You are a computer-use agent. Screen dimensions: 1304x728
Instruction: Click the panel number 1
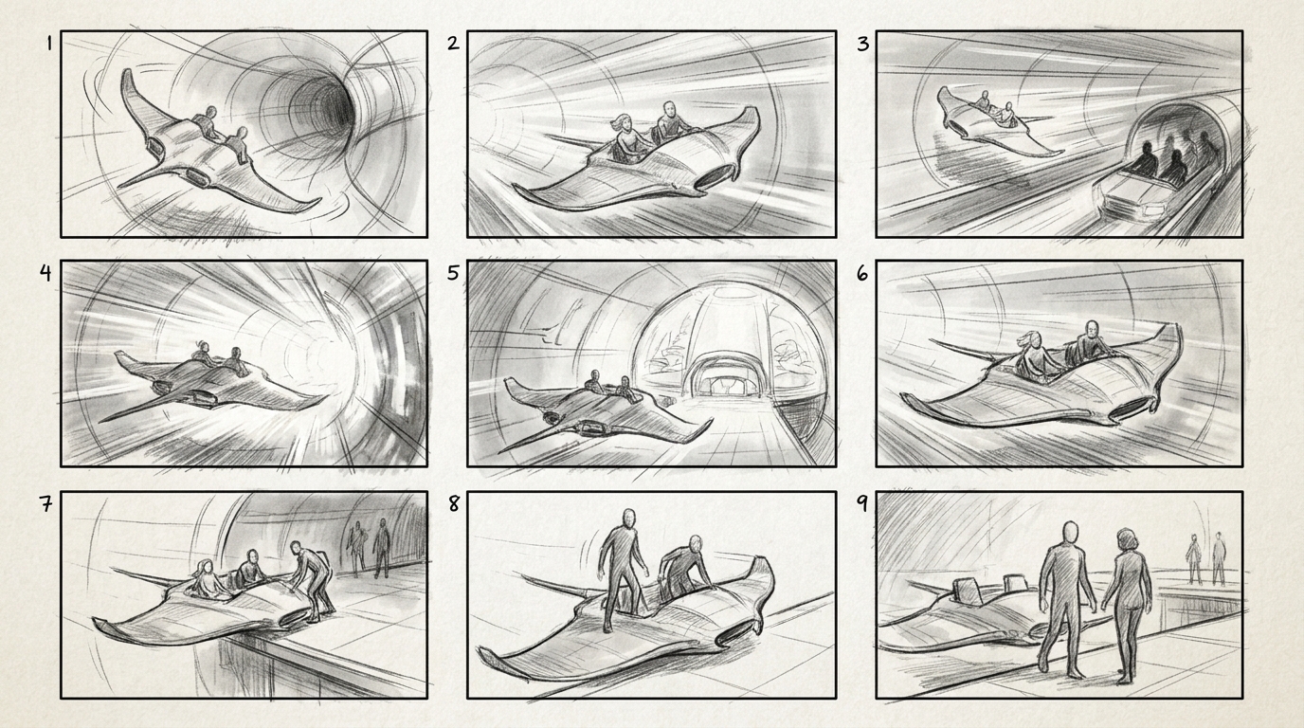[49, 44]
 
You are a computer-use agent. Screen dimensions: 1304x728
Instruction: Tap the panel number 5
[454, 273]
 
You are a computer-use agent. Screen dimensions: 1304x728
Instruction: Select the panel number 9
[861, 503]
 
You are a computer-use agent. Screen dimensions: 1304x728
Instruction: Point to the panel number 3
[862, 44]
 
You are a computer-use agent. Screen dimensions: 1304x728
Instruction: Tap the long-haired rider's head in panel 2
[625, 123]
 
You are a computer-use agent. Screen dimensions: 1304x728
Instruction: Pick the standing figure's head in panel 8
[627, 519]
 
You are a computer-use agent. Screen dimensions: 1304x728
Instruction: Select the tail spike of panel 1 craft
[147, 176]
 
